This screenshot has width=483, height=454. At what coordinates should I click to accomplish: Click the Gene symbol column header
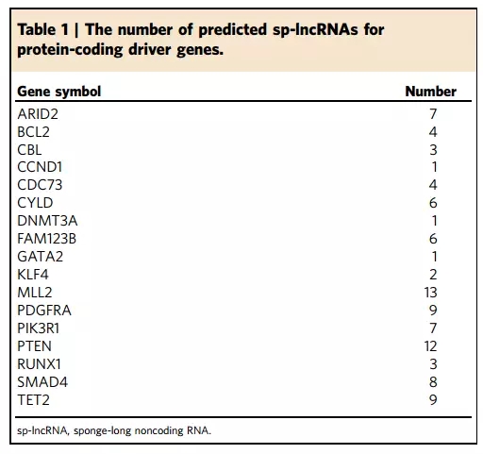(59, 92)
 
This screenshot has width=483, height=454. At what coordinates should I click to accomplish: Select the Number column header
(431, 92)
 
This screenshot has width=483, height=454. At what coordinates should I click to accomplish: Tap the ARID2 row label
(38, 114)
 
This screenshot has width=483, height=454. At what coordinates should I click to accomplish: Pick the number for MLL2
(430, 293)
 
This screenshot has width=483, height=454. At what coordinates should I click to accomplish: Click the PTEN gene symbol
(34, 346)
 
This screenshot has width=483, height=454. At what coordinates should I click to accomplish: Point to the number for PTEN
(430, 346)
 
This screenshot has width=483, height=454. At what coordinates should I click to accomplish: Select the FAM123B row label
(47, 239)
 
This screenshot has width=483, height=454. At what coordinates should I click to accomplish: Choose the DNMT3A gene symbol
(47, 221)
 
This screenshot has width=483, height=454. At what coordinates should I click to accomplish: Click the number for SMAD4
(433, 382)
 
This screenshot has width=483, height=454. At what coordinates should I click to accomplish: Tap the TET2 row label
(34, 400)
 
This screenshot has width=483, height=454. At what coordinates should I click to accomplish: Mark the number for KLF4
(433, 275)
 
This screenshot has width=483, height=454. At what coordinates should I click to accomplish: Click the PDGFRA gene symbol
(44, 311)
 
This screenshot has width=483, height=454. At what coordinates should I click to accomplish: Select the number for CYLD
(433, 203)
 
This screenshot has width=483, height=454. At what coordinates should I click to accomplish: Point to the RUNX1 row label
(39, 364)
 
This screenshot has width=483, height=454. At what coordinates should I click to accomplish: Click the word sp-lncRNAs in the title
(315, 30)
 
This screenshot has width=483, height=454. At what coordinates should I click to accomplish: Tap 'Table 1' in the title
(43, 29)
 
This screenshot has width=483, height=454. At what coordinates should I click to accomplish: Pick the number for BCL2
(433, 132)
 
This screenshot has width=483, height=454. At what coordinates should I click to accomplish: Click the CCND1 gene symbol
(40, 167)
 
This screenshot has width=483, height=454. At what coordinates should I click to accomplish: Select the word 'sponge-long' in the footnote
(102, 430)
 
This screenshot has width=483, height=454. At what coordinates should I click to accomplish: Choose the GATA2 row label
(41, 257)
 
